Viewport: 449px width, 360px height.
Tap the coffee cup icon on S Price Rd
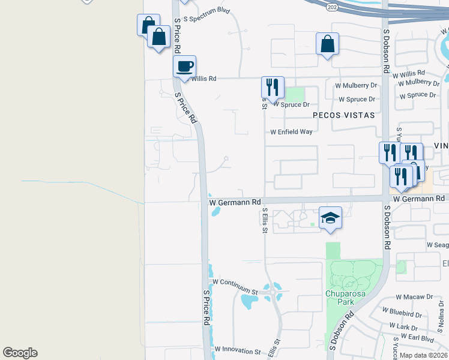coord(185,67)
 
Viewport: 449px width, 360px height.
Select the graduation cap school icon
coord(330,218)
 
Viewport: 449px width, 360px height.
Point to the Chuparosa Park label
coord(339,298)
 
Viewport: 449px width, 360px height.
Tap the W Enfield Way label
coord(291,131)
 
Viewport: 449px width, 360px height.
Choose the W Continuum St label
coord(234,281)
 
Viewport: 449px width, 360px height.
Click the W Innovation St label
coord(237,350)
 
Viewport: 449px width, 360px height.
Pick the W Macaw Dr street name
coord(415,297)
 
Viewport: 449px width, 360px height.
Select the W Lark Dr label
coord(403,327)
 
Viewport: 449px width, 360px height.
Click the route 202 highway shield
coord(332,7)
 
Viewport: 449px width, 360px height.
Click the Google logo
coord(20,353)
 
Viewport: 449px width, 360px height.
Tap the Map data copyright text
coord(423,355)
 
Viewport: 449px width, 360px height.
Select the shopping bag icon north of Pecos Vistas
coord(327,44)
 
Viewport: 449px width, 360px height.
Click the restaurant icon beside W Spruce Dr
coord(273,88)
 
